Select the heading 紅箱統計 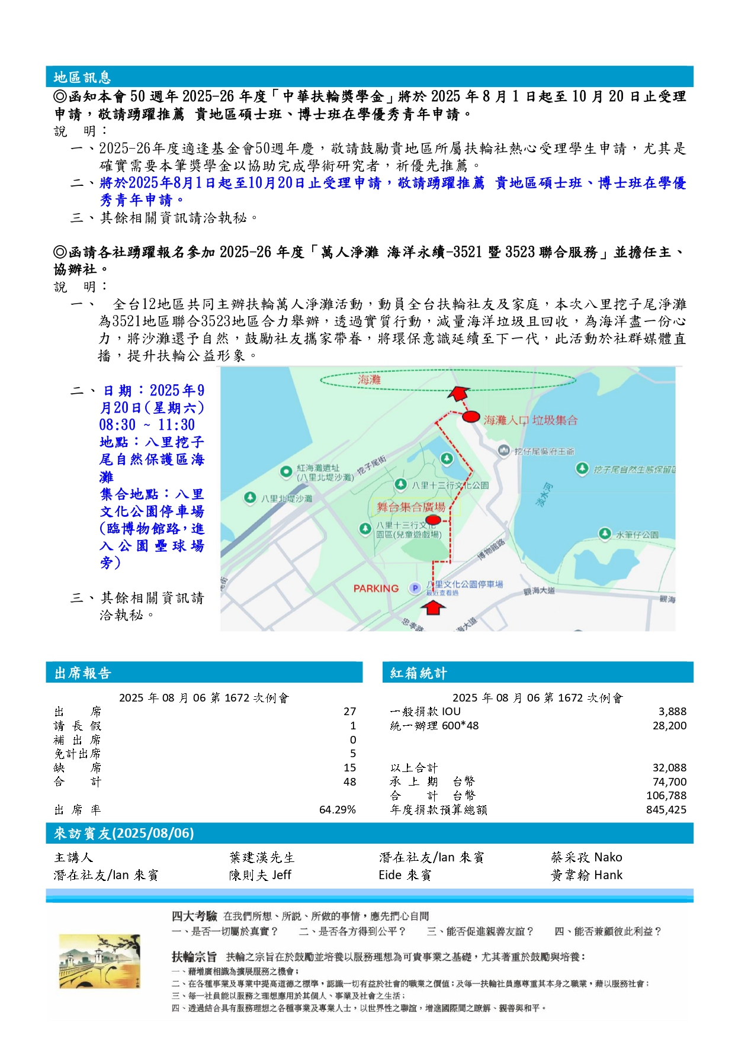(418, 673)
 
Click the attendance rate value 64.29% (337, 810)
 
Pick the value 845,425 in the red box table (666, 810)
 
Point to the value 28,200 (669, 726)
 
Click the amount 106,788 (666, 796)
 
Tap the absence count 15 (349, 768)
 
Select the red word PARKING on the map (375, 588)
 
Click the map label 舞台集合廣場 (411, 507)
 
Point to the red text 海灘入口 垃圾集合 (530, 420)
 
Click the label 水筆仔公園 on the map (637, 535)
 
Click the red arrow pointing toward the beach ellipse (459, 394)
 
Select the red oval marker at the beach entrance (471, 417)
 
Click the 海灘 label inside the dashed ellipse (369, 379)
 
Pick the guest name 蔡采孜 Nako (586, 857)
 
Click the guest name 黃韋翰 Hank (586, 875)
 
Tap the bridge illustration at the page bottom (100, 962)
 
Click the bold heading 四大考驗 (194, 916)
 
